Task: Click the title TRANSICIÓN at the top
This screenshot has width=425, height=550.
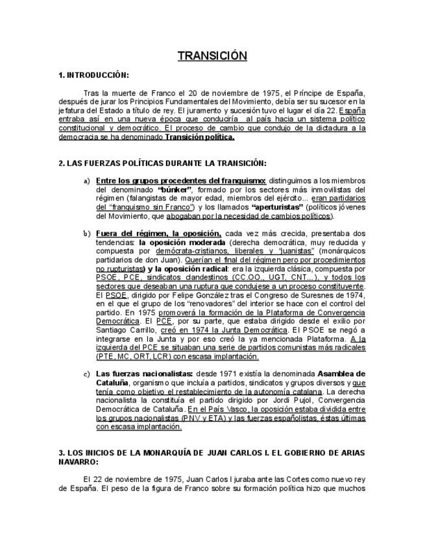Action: [212, 56]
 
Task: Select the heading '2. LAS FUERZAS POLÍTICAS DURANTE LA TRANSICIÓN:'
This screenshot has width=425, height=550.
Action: [162, 163]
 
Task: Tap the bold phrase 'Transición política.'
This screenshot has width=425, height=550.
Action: [200, 137]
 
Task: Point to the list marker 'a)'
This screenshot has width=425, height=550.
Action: [86, 180]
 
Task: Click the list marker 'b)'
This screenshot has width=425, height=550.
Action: [86, 233]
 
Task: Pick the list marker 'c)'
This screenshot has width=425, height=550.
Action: [86, 374]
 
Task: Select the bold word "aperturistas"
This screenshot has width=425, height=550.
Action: [278, 207]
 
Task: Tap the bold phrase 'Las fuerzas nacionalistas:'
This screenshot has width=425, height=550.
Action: [135, 374]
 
